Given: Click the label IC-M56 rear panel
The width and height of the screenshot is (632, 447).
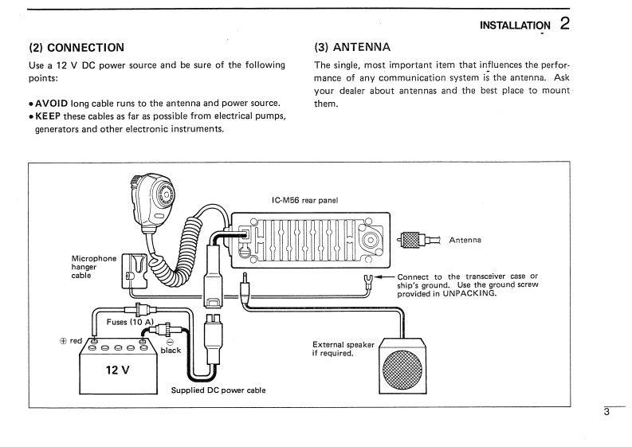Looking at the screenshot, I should (x=306, y=200).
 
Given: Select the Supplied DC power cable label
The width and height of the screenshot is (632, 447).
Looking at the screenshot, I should (x=218, y=390).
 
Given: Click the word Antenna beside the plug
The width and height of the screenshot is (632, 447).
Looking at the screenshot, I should (x=468, y=240).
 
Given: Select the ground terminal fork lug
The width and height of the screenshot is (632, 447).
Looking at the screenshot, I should (x=368, y=280).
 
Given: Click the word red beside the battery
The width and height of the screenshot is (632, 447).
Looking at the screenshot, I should (x=77, y=341).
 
